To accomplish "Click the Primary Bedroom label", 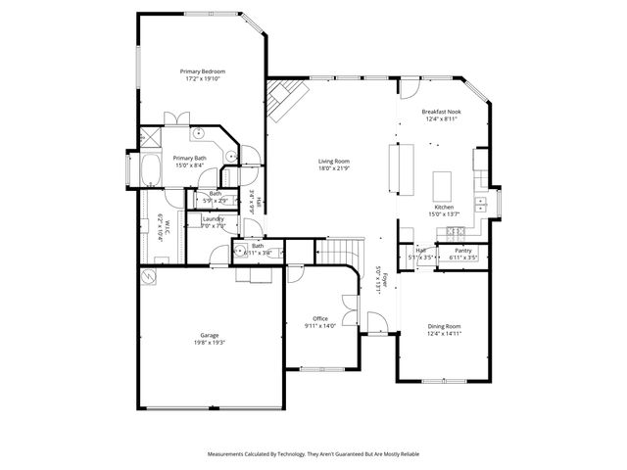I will click(x=203, y=71).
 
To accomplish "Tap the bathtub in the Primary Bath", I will click(x=152, y=170).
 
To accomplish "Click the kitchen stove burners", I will click(x=455, y=231).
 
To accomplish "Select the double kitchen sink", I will click(x=481, y=205).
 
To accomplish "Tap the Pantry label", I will click(x=462, y=251).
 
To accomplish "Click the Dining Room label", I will click(x=444, y=326).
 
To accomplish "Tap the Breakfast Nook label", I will click(x=442, y=112).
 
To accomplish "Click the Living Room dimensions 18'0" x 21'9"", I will click(x=333, y=168).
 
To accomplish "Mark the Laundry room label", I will click(x=214, y=218).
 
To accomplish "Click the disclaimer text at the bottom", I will click(x=313, y=454).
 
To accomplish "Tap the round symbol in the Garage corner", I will click(x=149, y=277).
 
